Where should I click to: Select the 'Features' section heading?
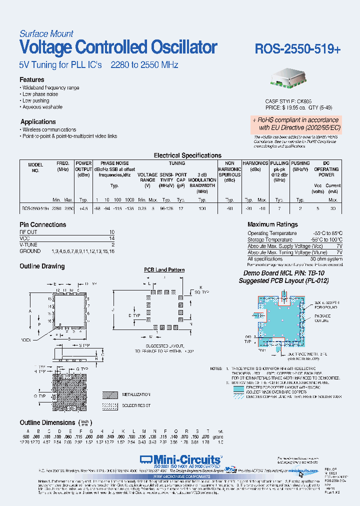[x=32, y=80]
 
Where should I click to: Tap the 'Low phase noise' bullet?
[x=40, y=94]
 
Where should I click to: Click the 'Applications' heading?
[x=38, y=121]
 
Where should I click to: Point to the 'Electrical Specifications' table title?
[x=187, y=155]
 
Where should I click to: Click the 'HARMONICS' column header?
[x=255, y=163]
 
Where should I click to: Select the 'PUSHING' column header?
[x=300, y=163]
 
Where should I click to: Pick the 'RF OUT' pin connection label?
[x=28, y=232]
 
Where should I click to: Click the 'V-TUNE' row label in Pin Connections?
[x=28, y=245]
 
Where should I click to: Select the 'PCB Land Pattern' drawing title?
[x=164, y=270]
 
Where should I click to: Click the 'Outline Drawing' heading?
[x=42, y=266]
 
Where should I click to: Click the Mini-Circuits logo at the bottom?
[x=180, y=459]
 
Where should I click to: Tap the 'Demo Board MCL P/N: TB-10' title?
[x=283, y=273]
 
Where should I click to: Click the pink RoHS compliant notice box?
[x=295, y=123]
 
